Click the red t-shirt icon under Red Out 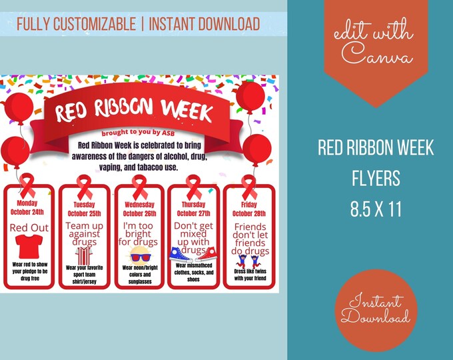tap(29, 249)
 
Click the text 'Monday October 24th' tap(29, 206)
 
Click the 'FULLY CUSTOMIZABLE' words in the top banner tap(75, 25)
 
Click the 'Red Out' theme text tap(29, 228)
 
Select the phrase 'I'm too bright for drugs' tap(140, 234)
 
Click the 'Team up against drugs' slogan tap(84, 234)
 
